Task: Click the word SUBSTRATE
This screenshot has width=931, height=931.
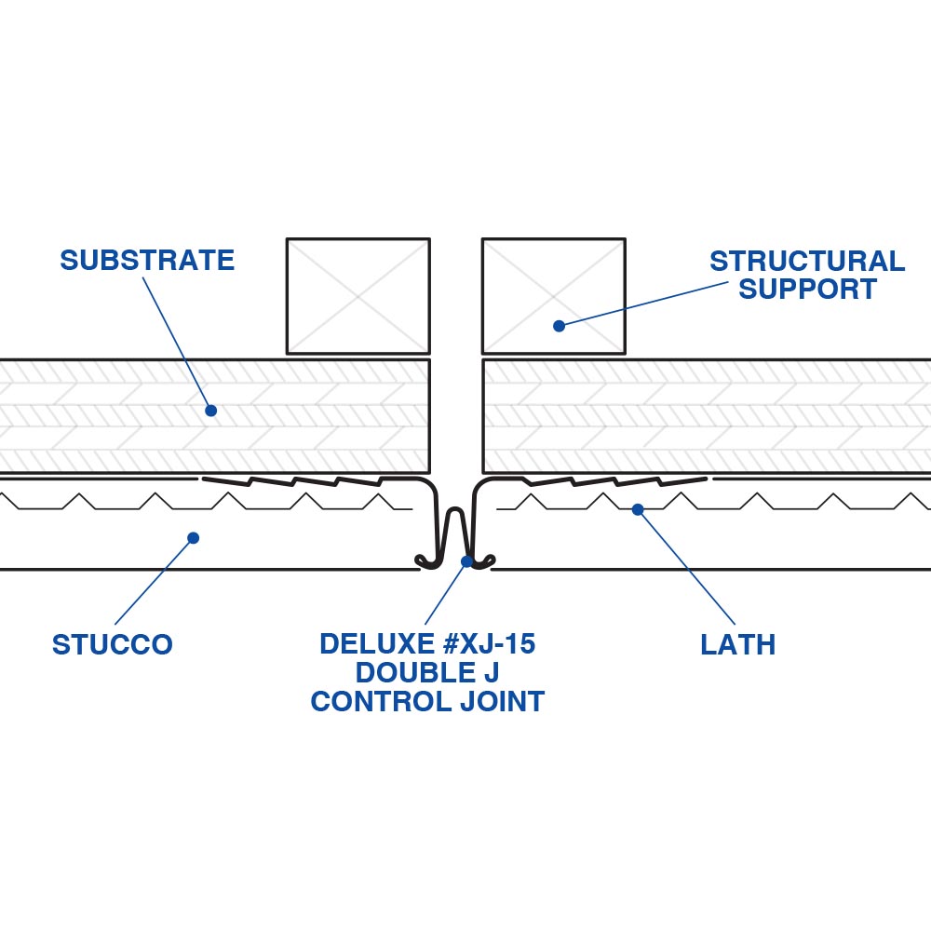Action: click(x=147, y=260)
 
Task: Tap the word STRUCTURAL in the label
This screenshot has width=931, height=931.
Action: click(x=806, y=261)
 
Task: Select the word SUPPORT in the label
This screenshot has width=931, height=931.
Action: click(x=807, y=290)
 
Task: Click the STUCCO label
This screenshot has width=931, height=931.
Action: click(x=112, y=644)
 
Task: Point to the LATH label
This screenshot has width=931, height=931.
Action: click(x=737, y=644)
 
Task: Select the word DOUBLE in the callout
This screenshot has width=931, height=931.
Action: click(x=402, y=672)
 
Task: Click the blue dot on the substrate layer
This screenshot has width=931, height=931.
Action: click(x=210, y=410)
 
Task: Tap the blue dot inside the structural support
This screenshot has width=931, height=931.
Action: click(x=559, y=326)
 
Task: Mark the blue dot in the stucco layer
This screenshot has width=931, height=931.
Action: click(x=193, y=537)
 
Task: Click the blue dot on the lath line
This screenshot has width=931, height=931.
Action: click(x=638, y=509)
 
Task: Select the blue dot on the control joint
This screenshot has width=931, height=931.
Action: click(x=466, y=561)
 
